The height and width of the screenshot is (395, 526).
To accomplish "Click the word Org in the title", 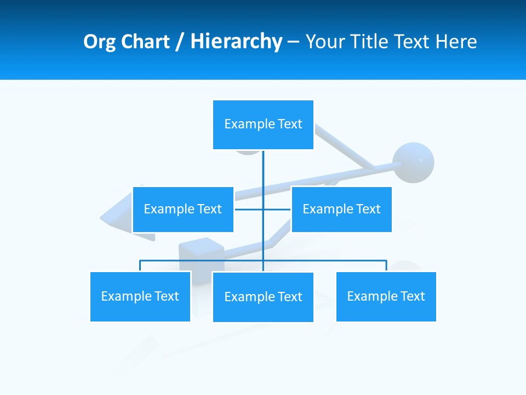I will coord(100,42).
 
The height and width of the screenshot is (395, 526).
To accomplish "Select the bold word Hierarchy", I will coord(236,42).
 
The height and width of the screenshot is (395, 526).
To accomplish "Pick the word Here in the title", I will coord(456,42).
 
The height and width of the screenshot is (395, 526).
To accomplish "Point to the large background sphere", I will coord(414,162).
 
